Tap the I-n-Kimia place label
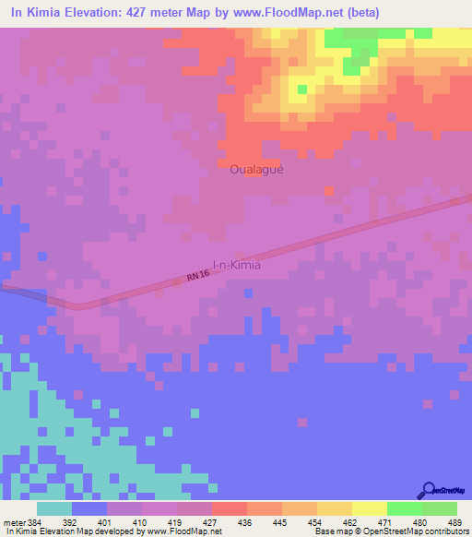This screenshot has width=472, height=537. tap(237, 265)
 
